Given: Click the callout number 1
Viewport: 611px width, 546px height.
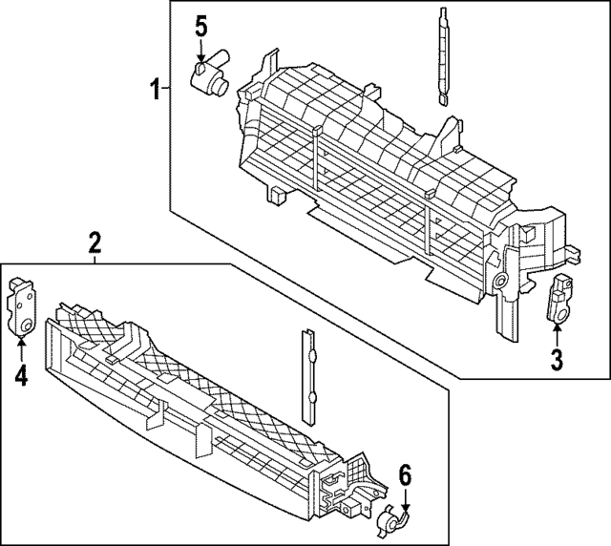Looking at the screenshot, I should tap(153, 90).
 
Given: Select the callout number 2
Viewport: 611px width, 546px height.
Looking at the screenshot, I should tap(95, 242).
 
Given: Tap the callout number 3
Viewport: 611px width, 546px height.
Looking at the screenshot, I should tap(557, 359).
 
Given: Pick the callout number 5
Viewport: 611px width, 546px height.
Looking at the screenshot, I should tap(201, 27).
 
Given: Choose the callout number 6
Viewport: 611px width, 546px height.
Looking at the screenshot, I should tap(405, 474).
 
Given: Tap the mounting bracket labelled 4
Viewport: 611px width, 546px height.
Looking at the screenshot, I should tap(22, 307).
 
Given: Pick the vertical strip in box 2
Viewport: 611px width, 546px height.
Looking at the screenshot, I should tap(307, 376).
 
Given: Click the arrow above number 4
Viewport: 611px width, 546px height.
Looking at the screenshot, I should tap(21, 349).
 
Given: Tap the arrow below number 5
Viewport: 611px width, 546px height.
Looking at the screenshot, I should tap(201, 52).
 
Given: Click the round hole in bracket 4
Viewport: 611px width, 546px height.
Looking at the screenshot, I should tap(27, 327).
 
